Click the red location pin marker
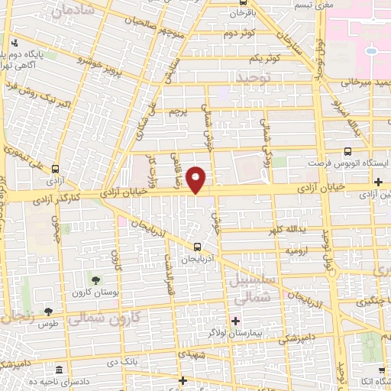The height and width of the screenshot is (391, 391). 196,179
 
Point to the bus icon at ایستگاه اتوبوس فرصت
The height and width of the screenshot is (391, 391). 348,151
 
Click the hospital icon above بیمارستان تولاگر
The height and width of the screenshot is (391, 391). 235,321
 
